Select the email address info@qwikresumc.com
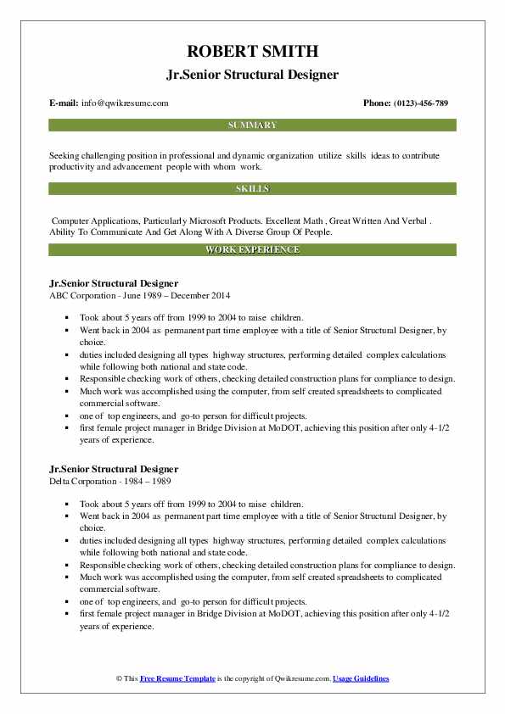[x=126, y=103]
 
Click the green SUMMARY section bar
[x=252, y=125]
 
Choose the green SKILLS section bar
[x=252, y=188]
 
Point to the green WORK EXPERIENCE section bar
[x=252, y=250]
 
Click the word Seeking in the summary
[x=67, y=156]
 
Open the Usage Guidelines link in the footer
[x=361, y=679]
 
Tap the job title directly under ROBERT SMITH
[x=252, y=75]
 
